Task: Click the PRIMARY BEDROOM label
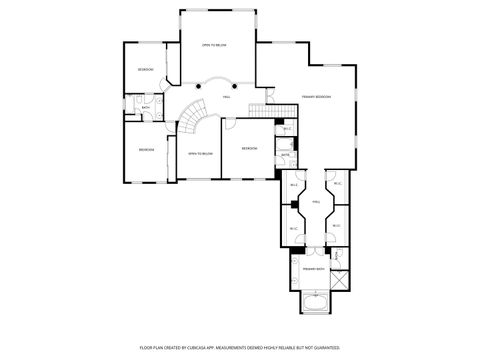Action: click(x=316, y=97)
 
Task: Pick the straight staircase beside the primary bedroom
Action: click(x=262, y=109)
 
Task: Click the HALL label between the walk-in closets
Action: click(x=316, y=202)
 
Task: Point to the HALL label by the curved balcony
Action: click(x=226, y=97)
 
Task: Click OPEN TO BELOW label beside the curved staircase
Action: click(x=200, y=153)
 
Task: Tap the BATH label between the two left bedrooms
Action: click(x=145, y=108)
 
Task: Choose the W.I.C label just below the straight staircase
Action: click(x=287, y=128)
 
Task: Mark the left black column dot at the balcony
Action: click(x=199, y=86)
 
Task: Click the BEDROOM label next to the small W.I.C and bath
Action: click(x=249, y=149)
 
